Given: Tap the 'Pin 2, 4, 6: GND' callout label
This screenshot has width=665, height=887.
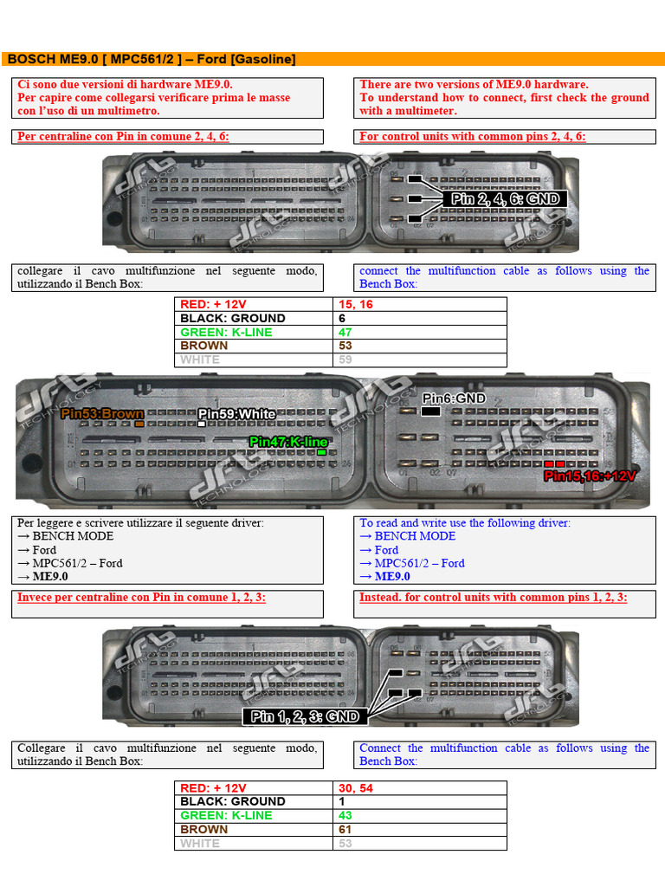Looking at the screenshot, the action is [507, 199].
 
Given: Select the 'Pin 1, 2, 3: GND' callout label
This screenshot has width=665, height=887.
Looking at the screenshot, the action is [306, 716].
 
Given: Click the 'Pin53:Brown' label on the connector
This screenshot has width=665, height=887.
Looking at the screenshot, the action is [101, 414].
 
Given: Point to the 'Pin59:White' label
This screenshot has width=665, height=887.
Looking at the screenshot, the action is [236, 414].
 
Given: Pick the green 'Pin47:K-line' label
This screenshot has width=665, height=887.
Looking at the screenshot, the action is [288, 442].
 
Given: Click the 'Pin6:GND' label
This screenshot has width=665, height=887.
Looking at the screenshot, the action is [454, 398].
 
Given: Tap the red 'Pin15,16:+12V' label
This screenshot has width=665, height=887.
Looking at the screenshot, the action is [590, 476].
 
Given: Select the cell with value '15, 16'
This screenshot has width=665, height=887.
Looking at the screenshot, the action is [355, 304].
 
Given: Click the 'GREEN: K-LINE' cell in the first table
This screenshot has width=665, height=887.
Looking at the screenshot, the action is [226, 332].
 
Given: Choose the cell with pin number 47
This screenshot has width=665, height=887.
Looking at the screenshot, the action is [345, 332].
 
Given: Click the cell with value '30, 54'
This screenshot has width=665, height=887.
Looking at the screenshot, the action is [355, 788].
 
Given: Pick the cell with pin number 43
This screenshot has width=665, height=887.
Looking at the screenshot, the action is [345, 815].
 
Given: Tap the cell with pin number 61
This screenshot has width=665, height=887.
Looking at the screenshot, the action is [345, 829].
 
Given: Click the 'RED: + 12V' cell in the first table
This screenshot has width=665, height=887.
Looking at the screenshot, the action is [213, 304].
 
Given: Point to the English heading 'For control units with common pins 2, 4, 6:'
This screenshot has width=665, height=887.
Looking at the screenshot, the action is [472, 137].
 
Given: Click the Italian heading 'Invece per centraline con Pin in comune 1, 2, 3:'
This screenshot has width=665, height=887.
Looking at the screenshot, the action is [141, 597].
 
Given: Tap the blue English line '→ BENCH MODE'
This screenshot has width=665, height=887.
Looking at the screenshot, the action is [407, 536].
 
